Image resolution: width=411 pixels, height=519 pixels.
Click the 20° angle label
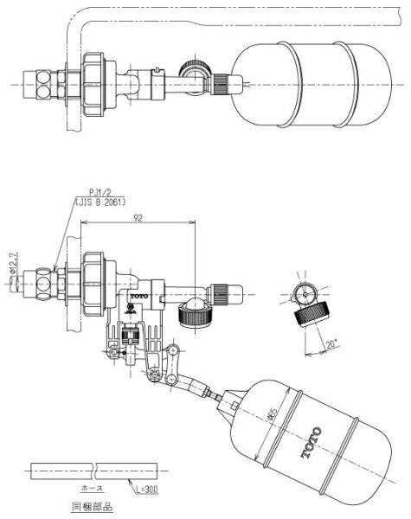coord(333,343)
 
